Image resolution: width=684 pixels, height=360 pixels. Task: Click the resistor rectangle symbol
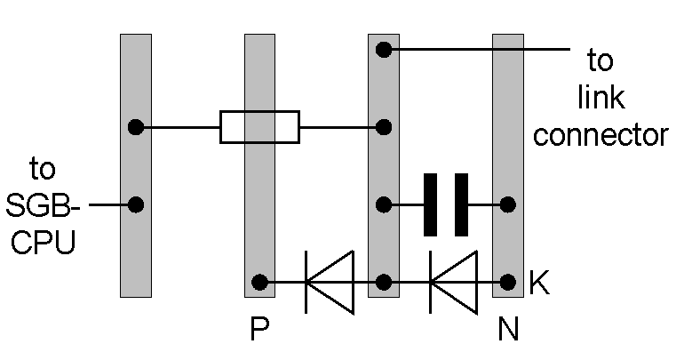click(259, 127)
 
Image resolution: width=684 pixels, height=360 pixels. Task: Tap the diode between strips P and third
click(328, 283)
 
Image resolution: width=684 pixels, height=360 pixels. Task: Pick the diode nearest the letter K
click(452, 283)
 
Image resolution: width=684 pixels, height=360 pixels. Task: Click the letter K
click(538, 283)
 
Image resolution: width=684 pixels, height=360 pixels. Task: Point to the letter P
click(259, 331)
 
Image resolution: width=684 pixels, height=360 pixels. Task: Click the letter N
click(508, 331)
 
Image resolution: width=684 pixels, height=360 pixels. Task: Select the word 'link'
click(600, 98)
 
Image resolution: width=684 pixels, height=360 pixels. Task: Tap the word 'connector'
click(600, 135)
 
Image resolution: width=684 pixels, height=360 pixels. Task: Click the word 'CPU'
click(41, 242)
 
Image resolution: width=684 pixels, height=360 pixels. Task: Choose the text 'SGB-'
click(43, 205)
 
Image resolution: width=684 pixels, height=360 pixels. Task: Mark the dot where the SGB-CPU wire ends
click(135, 205)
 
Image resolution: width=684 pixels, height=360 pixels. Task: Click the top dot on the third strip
click(384, 50)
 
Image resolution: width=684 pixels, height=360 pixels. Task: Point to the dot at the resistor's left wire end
click(135, 127)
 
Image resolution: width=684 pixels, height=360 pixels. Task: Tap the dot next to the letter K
click(508, 283)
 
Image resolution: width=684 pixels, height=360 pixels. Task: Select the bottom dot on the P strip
click(259, 283)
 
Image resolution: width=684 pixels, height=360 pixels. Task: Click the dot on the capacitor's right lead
click(508, 205)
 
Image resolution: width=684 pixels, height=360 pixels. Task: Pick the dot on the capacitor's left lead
click(384, 205)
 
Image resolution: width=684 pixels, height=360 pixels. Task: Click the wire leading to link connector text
click(480, 50)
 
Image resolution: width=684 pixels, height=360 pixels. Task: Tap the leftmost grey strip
click(135, 258)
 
